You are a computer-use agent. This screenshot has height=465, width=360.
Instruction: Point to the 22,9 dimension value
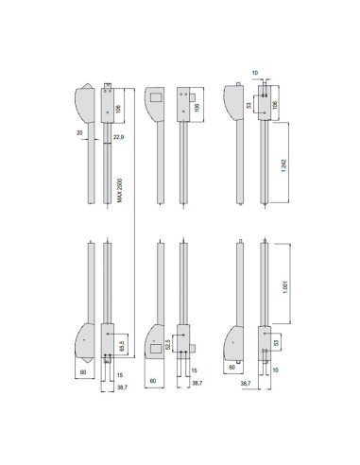click(118, 140)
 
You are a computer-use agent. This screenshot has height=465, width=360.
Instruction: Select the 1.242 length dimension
click(284, 166)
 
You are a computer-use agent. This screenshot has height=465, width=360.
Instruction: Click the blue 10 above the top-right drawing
click(256, 72)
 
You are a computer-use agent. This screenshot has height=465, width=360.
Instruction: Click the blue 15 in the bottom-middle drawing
click(195, 370)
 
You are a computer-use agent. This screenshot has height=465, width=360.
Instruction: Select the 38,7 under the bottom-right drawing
click(246, 384)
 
